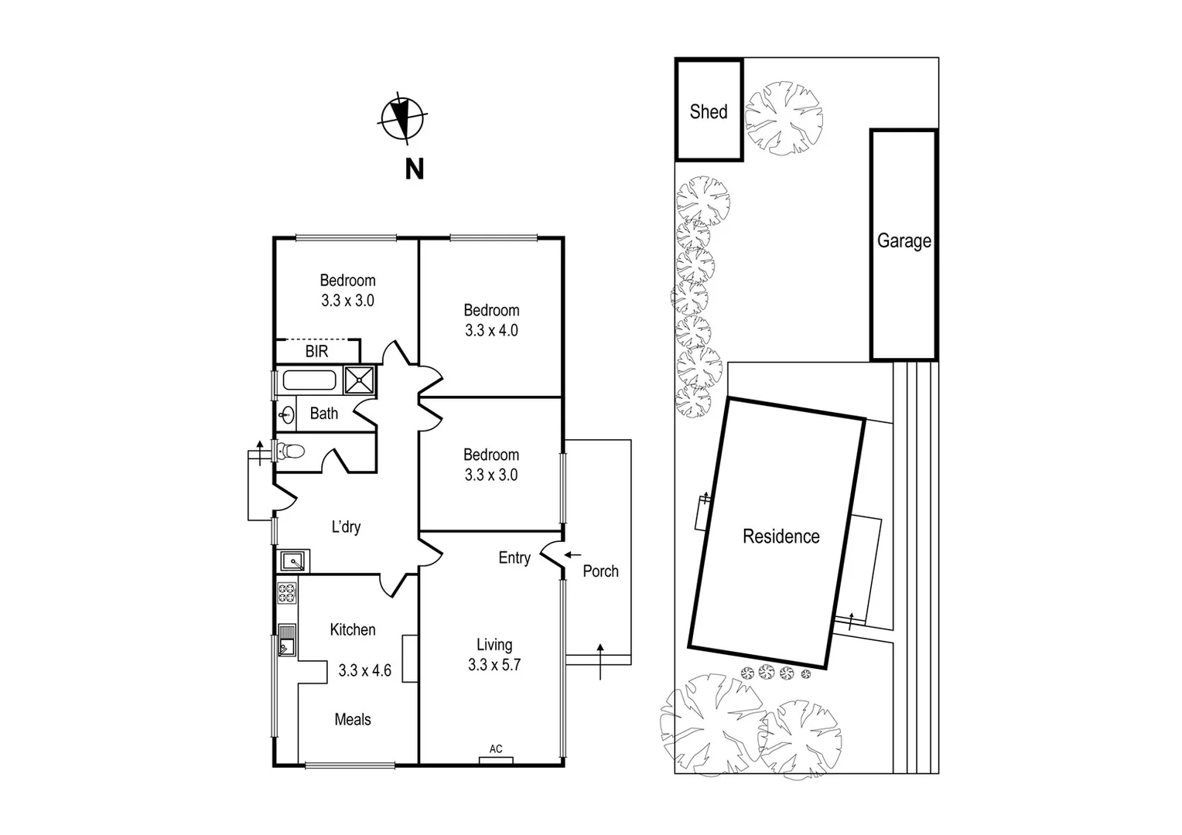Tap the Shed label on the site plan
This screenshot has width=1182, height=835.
(x=709, y=112)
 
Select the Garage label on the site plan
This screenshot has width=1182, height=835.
(x=904, y=241)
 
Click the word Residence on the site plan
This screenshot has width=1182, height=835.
(x=781, y=537)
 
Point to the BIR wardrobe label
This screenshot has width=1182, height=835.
(x=316, y=352)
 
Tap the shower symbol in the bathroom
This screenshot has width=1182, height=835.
(x=360, y=380)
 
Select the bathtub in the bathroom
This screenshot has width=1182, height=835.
(x=309, y=380)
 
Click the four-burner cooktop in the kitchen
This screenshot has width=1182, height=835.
(x=286, y=593)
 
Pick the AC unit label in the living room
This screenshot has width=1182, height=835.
(x=496, y=749)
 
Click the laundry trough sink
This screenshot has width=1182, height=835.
(x=293, y=561)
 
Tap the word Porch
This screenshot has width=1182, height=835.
(x=600, y=571)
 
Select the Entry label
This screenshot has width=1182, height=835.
(x=514, y=558)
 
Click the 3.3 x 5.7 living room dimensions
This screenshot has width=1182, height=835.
(x=494, y=665)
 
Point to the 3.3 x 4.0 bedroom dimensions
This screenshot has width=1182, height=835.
(x=491, y=331)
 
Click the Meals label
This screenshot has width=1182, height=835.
(x=353, y=720)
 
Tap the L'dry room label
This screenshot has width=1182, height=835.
(x=346, y=527)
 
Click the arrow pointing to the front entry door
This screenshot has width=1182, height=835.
(x=572, y=554)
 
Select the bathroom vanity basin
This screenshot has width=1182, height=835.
(x=287, y=415)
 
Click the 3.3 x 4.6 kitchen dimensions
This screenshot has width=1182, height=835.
(x=364, y=671)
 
